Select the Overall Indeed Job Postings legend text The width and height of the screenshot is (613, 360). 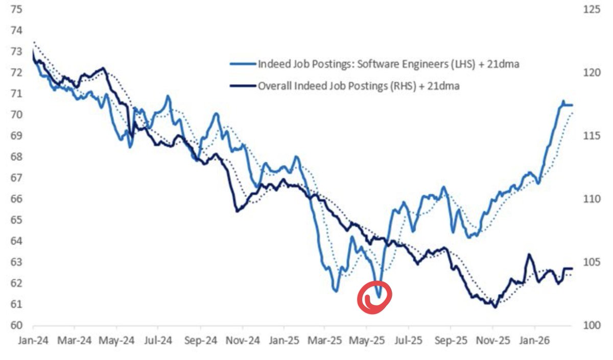(x=358, y=86)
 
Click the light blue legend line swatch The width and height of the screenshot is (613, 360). (x=242, y=64)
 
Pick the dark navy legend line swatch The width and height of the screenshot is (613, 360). (x=242, y=86)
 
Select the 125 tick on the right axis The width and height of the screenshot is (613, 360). (x=585, y=9)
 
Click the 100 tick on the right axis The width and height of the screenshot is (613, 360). (x=585, y=325)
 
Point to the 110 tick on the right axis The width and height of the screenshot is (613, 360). (x=585, y=199)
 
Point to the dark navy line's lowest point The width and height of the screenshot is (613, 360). (x=494, y=307)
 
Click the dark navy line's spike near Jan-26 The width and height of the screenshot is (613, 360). (x=529, y=254)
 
